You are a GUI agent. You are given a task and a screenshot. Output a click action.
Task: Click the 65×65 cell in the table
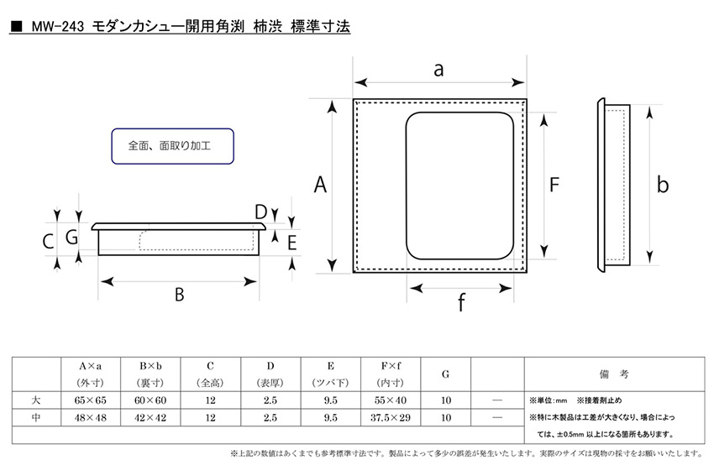point(90,400)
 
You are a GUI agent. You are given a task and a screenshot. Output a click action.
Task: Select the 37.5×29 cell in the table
point(391,417)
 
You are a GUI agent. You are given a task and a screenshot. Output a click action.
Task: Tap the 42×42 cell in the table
point(150,417)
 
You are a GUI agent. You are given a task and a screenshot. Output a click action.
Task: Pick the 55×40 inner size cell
point(391,400)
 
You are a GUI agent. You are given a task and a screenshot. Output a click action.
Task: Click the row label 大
point(36,400)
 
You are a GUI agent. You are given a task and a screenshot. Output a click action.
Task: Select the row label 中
point(36,417)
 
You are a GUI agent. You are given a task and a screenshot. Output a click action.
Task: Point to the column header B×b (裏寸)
point(150,374)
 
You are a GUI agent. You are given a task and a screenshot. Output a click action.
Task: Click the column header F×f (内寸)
point(391,374)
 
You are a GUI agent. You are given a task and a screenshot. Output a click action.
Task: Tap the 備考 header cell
point(614,374)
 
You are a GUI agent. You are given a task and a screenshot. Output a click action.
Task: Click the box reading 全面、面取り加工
point(172,146)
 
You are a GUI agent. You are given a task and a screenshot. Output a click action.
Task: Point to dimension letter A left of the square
point(321,185)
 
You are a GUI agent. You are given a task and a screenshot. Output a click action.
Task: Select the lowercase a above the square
point(438,70)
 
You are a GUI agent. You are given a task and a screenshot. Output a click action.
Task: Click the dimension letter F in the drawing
point(554,185)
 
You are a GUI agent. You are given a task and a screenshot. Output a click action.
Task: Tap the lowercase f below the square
point(461,302)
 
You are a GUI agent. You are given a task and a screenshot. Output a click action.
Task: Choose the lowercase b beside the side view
point(663,184)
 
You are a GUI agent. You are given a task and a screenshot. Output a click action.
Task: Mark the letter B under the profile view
point(180,295)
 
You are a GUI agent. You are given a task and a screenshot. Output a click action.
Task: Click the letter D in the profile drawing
point(260,212)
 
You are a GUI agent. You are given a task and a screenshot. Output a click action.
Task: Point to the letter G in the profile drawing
point(72,237)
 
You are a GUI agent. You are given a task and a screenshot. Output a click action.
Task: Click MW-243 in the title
point(58,27)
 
